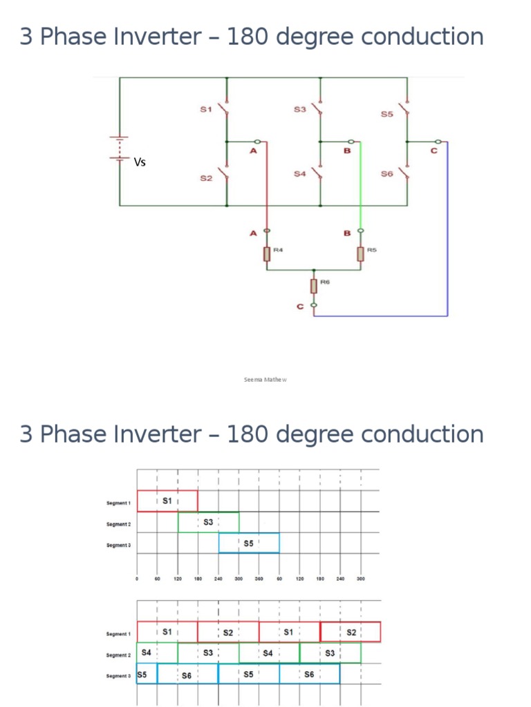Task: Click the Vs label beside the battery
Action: click(x=140, y=163)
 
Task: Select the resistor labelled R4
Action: click(x=267, y=254)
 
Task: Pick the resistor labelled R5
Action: click(x=360, y=254)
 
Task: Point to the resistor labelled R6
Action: click(x=315, y=284)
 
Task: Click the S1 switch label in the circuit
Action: click(x=205, y=109)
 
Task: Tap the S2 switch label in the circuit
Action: click(x=205, y=179)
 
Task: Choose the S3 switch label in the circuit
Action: click(x=299, y=109)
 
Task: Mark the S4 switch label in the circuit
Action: click(x=299, y=174)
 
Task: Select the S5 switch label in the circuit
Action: click(x=387, y=114)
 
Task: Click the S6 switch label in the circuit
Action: click(x=386, y=175)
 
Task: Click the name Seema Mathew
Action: click(x=265, y=379)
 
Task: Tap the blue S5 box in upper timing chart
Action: click(x=249, y=543)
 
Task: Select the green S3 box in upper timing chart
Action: click(x=208, y=522)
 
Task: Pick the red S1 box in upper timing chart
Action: click(x=167, y=501)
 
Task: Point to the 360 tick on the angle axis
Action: click(x=259, y=579)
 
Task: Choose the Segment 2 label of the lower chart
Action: click(x=119, y=655)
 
